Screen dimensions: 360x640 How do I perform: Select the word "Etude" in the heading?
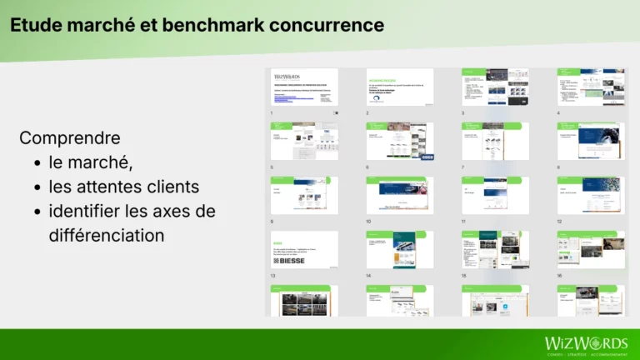tap(33, 25)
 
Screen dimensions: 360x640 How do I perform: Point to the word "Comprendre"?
tap(69, 137)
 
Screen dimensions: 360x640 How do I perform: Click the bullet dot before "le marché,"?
tap(37, 162)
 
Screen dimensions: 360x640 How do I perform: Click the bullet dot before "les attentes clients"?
tap(37, 187)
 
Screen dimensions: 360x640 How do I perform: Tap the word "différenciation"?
tap(106, 235)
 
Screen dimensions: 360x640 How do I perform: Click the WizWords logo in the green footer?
tap(586, 344)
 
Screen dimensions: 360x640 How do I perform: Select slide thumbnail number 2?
tap(400, 87)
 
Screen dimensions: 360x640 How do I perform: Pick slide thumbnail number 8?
tap(591, 141)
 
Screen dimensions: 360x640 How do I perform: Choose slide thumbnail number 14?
tap(400, 249)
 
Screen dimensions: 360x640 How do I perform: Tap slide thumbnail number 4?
tap(591, 87)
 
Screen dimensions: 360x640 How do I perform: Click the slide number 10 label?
tap(368, 222)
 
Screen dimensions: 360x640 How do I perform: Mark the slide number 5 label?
tap(272, 167)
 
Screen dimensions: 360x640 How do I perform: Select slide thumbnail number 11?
tap(495, 195)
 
